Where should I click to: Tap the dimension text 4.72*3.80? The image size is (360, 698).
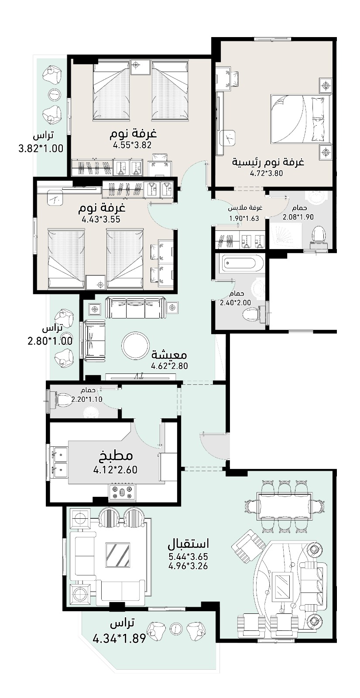pos(266,173)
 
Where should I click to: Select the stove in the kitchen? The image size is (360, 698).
pos(122,493)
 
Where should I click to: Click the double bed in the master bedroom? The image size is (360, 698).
pos(299,119)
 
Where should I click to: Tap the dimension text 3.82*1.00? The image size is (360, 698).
pos(41,148)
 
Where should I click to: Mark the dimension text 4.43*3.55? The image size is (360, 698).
pos(101,219)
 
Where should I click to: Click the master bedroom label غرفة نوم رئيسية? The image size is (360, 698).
pos(268,162)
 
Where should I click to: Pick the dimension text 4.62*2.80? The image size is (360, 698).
pos(170,366)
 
